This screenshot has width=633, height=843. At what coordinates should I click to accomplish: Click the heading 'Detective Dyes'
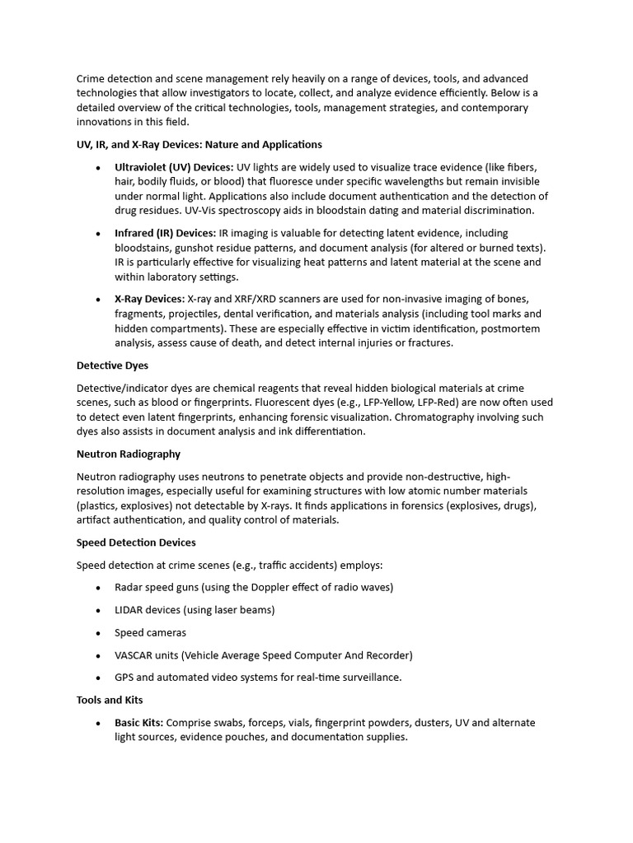(112, 365)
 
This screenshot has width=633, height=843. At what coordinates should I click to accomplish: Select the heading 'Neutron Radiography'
(128, 454)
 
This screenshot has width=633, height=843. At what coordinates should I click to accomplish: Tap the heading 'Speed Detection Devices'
(136, 543)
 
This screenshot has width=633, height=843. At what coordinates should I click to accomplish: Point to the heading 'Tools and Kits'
(110, 700)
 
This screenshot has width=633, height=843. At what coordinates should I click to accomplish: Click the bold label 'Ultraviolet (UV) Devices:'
(174, 167)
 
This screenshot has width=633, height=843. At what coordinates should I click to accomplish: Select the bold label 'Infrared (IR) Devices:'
(165, 233)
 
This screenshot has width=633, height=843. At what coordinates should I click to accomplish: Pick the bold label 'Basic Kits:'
(138, 723)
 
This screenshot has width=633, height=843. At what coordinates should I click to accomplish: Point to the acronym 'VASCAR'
(137, 655)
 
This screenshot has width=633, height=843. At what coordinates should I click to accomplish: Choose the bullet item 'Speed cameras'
(150, 633)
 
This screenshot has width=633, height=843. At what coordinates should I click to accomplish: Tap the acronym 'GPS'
(125, 678)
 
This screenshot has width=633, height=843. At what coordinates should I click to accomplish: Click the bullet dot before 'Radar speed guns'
(98, 588)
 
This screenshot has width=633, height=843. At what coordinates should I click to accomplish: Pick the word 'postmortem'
(511, 328)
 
